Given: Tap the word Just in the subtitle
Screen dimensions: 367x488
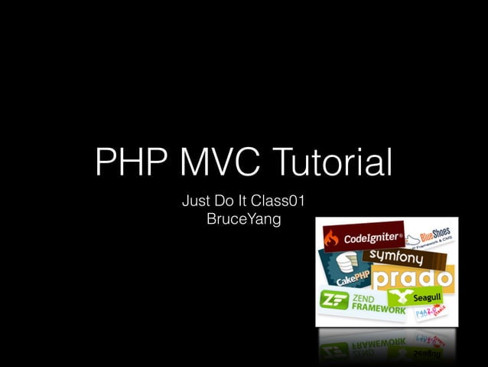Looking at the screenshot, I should (x=196, y=203).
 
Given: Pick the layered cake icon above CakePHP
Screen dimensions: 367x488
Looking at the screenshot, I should (x=344, y=263).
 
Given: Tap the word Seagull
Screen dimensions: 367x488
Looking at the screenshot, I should (x=427, y=297).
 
